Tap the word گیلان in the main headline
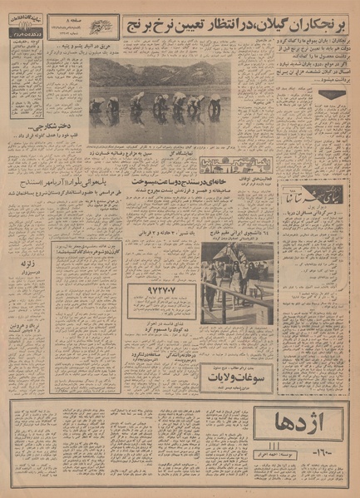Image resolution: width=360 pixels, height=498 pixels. [274, 22]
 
